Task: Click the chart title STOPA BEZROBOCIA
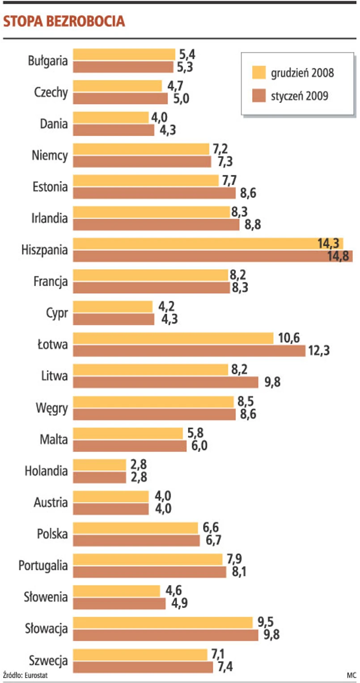pos(64,21)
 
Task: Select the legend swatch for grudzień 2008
pos(258,73)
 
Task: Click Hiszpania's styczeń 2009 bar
pos(212,256)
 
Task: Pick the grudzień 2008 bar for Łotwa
pos(173,338)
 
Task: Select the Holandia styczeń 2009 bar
pos(99,477)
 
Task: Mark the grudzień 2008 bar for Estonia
pos(145,181)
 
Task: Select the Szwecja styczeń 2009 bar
pos(143,667)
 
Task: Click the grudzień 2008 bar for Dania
pos(110,118)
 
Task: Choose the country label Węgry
pos(53,408)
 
